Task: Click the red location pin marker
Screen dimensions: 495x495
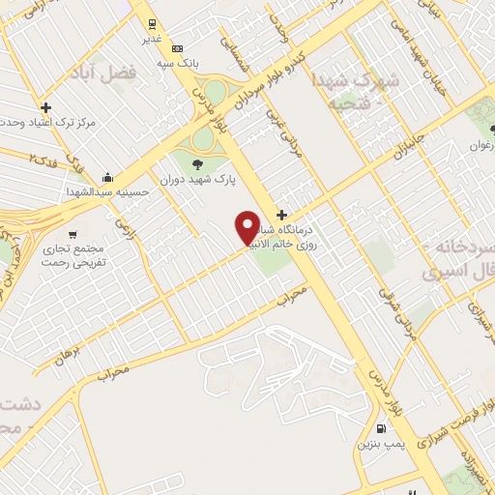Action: pos(248,228)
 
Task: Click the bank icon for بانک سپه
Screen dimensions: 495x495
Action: pos(177,48)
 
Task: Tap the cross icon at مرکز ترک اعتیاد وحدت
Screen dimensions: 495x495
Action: pos(45,106)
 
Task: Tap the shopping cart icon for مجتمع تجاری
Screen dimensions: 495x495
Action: pos(72,234)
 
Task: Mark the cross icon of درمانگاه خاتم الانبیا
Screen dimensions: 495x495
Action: pos(280,214)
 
